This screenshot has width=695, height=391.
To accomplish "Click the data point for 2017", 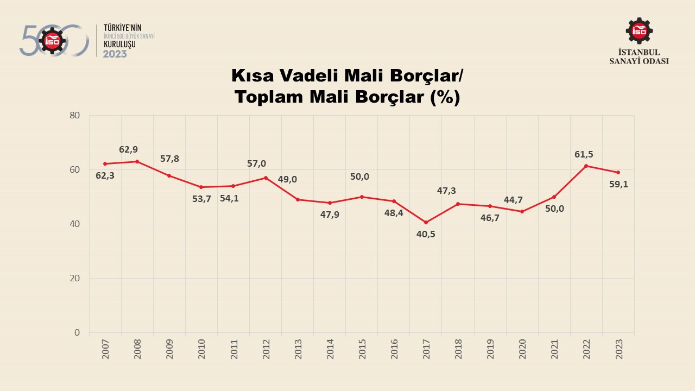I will point(426,223).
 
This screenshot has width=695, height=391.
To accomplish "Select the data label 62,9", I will point(129,149).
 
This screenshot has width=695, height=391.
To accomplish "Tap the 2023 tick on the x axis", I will point(618,349).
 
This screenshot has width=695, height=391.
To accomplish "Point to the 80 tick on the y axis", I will point(75,115).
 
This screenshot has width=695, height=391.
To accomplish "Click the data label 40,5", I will point(426,235).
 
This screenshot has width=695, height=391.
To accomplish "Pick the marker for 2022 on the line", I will point(586,166).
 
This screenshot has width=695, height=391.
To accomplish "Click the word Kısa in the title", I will point(253,75).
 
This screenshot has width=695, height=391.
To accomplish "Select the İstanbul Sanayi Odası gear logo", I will point(639,31).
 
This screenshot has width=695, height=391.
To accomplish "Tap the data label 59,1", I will point(618,184).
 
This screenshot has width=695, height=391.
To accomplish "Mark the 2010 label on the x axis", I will point(201,349).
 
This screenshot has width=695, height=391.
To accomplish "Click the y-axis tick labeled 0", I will point(77,332).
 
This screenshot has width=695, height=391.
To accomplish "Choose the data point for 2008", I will point(137,161).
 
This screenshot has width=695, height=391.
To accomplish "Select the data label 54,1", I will point(229,198).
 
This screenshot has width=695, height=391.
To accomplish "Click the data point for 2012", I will point(266,178).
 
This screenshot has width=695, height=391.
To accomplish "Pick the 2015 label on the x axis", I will point(362,349).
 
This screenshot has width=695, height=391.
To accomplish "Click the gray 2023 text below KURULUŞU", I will point(115,54).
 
